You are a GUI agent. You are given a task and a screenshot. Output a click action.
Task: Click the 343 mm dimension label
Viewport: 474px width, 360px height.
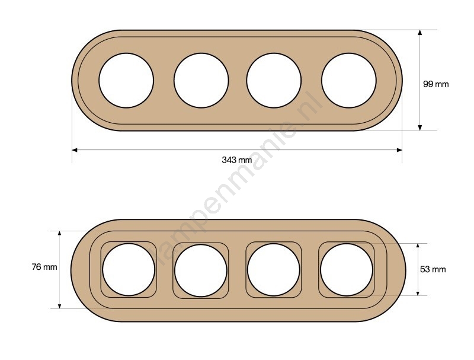coord(236,160)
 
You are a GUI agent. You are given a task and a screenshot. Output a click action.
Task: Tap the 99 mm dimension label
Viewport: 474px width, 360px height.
coord(435,84)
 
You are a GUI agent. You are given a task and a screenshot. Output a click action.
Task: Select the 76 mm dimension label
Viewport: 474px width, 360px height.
coord(44,267)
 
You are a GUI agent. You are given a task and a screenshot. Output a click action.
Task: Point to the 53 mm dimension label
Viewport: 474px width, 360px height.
coord(433,269)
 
